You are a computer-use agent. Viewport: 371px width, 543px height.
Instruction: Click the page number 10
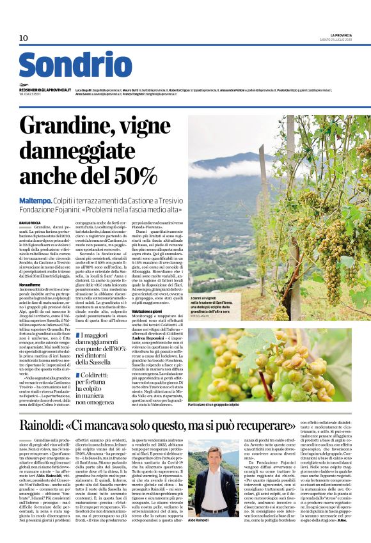click(x=23, y=38)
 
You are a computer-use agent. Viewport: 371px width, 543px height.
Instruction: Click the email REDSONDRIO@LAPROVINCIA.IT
click(x=45, y=90)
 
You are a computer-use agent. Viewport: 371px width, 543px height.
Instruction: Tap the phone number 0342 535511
click(x=31, y=95)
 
